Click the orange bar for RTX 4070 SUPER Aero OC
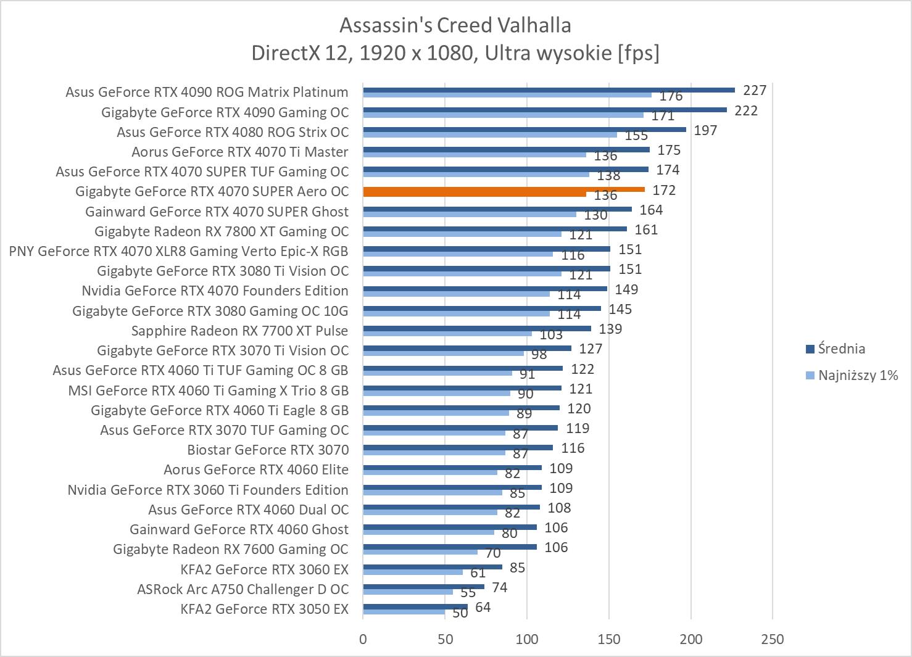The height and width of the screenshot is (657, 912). click(504, 190)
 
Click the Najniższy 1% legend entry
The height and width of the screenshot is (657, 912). click(857, 375)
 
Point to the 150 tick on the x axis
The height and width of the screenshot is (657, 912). click(608, 638)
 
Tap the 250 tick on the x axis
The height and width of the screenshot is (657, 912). click(772, 638)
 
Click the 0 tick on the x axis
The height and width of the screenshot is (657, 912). click(363, 638)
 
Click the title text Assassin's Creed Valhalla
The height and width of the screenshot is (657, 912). click(455, 25)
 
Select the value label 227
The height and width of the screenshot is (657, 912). click(754, 91)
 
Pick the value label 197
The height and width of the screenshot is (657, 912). click(705, 130)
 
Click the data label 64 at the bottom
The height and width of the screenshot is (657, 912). click(483, 607)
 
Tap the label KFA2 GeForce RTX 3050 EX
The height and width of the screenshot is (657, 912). click(264, 609)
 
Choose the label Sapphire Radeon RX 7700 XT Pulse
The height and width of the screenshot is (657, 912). click(239, 331)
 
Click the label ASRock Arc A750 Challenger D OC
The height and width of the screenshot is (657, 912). click(243, 589)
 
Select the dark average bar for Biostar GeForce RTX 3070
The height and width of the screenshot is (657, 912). click(458, 448)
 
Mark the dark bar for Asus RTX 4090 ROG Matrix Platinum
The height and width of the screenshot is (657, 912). click(549, 90)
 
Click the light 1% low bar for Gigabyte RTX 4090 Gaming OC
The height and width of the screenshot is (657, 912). click(503, 115)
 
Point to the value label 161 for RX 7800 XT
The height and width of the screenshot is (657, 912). click(646, 230)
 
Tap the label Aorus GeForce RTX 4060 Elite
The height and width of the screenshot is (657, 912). click(255, 469)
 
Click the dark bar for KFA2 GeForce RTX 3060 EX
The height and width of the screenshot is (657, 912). click(433, 567)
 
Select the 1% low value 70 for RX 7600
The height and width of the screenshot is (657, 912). click(492, 553)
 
